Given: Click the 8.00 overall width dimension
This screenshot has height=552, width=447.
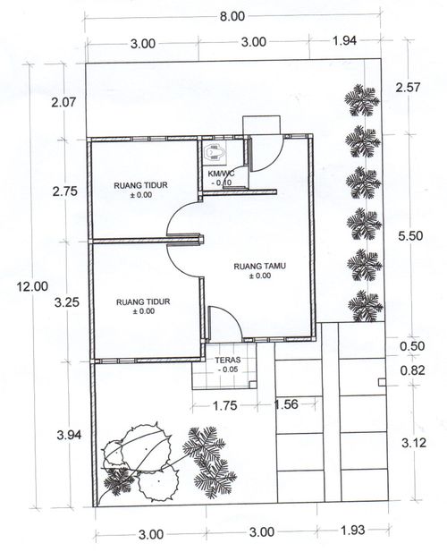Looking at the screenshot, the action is point(232,16).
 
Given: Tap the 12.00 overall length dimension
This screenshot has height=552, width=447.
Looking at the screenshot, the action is point(32,286).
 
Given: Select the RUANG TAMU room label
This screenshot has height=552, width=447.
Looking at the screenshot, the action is point(260,266).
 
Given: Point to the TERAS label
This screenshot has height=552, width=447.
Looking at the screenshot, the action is point(228,361).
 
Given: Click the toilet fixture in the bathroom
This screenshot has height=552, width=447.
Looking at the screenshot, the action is point(216,153).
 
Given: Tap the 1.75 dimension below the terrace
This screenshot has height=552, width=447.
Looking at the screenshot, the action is point(225,405).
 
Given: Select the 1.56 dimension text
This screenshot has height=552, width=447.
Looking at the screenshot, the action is point(286,404).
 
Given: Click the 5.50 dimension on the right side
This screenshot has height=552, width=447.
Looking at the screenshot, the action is point(410,235).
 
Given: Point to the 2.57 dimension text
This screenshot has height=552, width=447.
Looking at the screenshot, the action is point(408,87).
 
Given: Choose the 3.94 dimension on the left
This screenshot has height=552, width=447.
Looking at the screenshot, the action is point(69,435).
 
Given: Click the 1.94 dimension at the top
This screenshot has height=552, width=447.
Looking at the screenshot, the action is point(345,41).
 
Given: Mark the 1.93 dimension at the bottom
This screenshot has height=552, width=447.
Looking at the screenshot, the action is point(353,529).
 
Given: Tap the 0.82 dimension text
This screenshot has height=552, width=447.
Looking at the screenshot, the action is point(412,370).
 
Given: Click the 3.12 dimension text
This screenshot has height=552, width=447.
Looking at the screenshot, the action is point(414,443).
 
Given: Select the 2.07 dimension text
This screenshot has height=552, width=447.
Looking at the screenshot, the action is point(63,103).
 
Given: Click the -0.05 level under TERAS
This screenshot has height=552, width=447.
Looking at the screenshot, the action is point(228,369).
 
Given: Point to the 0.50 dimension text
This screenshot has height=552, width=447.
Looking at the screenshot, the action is point(412,346).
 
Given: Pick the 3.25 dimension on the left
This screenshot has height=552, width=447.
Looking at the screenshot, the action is point(67,302).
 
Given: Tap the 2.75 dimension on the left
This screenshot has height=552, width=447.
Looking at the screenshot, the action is point(64,191).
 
